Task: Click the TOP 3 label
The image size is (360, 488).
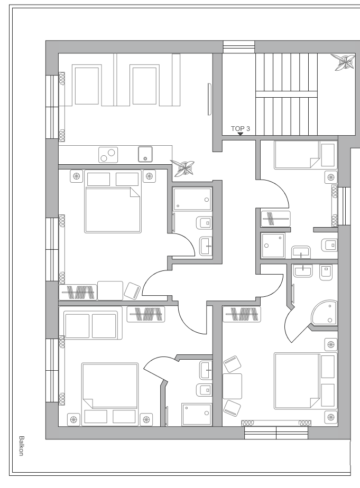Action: tap(240, 128)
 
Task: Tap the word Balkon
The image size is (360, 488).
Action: tap(21, 446)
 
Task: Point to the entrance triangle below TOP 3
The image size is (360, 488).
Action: tap(240, 134)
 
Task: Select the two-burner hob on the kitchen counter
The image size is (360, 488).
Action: tap(108, 155)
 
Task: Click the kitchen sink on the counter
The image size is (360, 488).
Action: tap(145, 154)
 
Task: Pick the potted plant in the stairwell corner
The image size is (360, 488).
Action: tap(343, 61)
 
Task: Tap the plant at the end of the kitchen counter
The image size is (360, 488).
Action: tap(182, 167)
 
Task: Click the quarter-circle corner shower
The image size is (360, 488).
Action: tap(324, 313)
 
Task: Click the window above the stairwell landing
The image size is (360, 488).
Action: tap(239, 47)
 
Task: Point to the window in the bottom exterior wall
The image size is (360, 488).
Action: tap(276, 433)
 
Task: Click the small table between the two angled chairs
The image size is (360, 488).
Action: tap(232, 386)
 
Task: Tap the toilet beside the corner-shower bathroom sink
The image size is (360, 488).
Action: tap(326, 273)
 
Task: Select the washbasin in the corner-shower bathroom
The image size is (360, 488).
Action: tap(303, 270)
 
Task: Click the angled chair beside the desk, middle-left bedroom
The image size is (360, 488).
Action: tap(132, 290)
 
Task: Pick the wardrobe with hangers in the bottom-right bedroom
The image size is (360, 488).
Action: tap(242, 314)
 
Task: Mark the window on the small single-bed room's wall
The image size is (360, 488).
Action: tap(345, 206)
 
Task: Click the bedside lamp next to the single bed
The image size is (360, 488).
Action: tap(331, 177)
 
